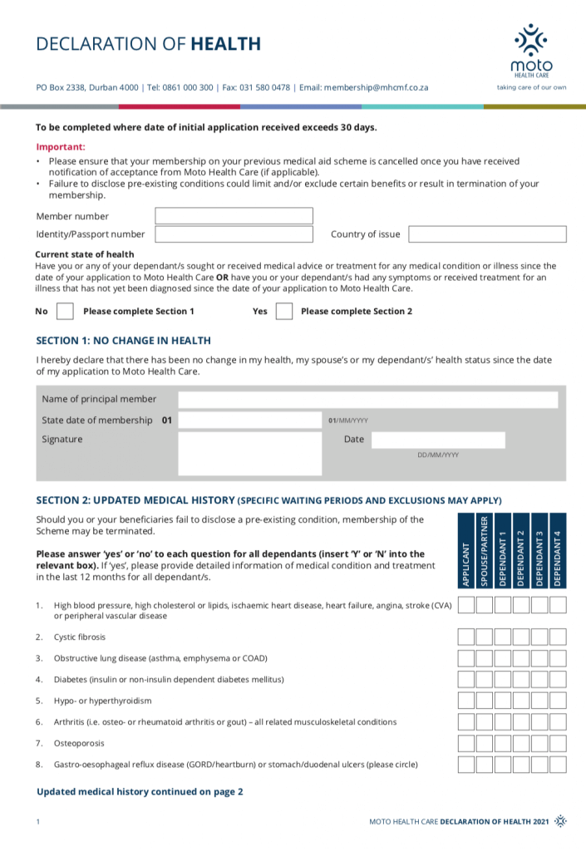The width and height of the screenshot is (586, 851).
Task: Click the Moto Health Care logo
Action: [531, 50]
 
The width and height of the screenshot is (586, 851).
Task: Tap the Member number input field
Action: [234, 216]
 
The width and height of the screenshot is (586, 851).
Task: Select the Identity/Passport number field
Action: [234, 234]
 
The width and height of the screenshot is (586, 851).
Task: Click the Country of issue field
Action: [487, 234]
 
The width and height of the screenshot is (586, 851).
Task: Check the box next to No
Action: [65, 312]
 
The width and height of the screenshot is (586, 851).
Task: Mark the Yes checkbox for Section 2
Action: [284, 312]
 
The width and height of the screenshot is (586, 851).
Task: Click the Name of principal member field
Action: [367, 400]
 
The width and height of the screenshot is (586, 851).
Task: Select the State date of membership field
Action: [249, 421]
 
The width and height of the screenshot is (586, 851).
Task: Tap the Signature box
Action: [249, 453]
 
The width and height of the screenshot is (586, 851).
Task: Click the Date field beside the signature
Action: [438, 440]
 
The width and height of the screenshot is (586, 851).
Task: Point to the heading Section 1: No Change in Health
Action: [123, 341]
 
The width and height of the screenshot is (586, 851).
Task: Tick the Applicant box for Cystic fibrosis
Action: [466, 637]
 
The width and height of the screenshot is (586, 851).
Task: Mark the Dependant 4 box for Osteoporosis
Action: [558, 743]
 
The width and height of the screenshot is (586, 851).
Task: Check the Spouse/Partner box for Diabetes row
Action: [485, 679]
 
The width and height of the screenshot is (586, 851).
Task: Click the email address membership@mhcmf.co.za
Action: [376, 86]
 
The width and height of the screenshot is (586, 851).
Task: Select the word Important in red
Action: [55, 146]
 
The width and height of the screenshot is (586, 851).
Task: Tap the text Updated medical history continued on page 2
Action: [140, 792]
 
